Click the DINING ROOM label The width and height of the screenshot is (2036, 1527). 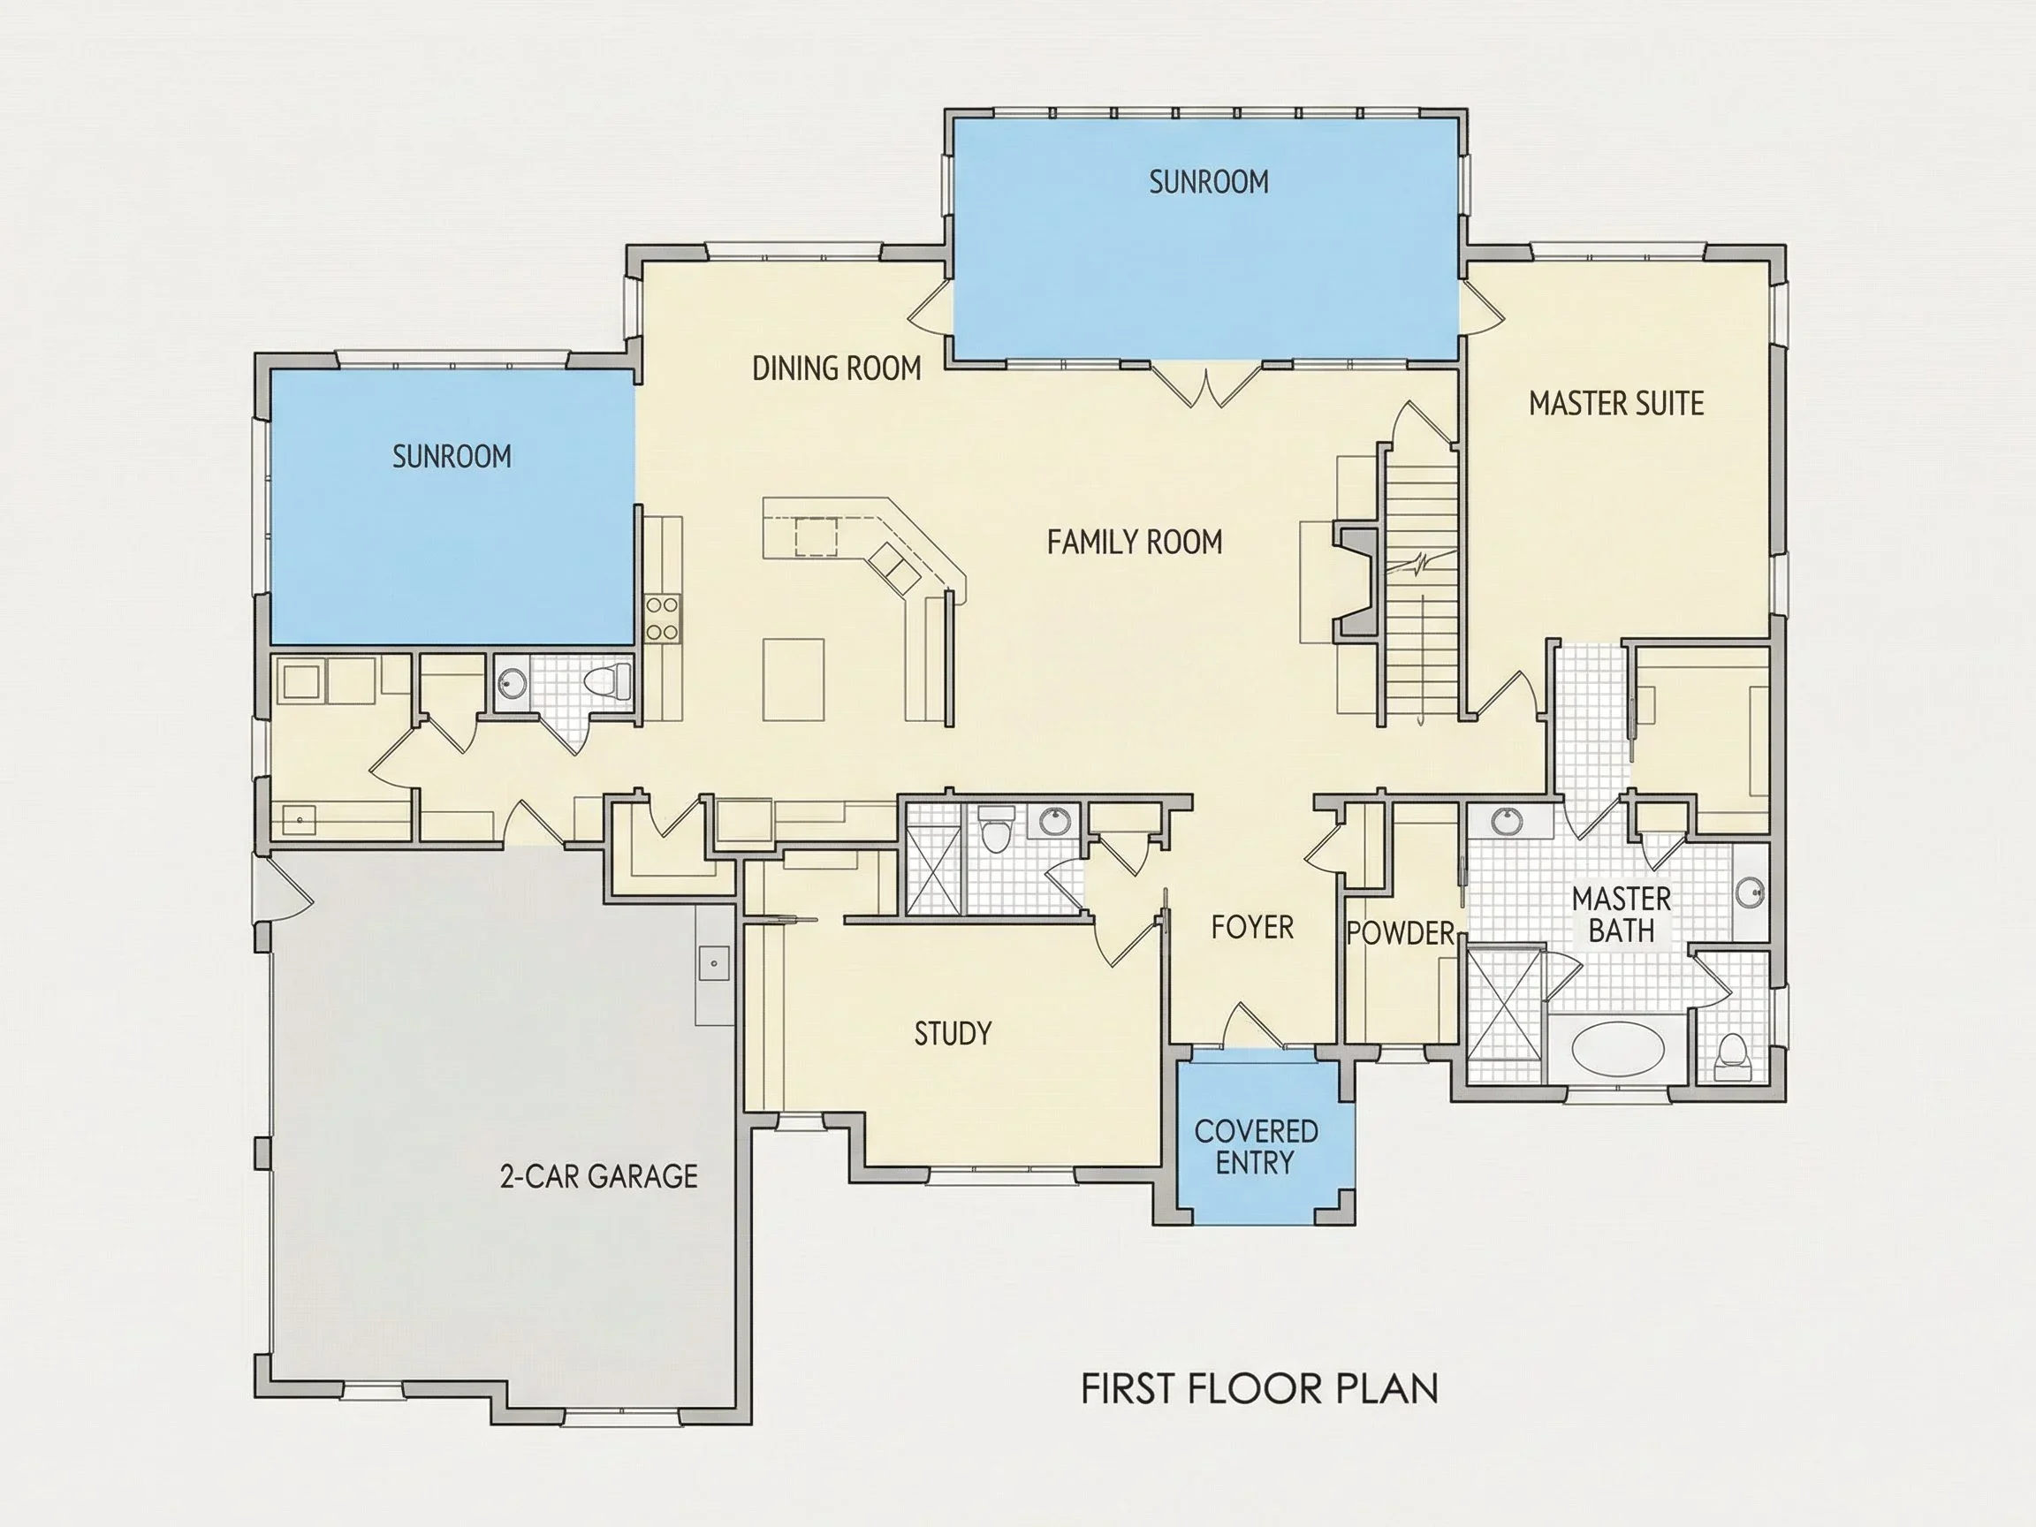pyautogui.click(x=837, y=368)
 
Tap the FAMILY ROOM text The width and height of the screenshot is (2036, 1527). pyautogui.click(x=1135, y=542)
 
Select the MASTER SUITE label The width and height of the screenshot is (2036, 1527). pyautogui.click(x=1616, y=403)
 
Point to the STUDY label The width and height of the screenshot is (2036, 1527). pyautogui.click(x=953, y=1034)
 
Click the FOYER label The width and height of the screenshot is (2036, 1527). pyautogui.click(x=1252, y=927)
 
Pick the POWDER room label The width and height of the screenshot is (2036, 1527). pyautogui.click(x=1400, y=933)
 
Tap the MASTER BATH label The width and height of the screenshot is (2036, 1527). pyautogui.click(x=1621, y=914)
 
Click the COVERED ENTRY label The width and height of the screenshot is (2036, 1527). pyautogui.click(x=1256, y=1146)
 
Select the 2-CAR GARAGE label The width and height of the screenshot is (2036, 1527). pyautogui.click(x=598, y=1176)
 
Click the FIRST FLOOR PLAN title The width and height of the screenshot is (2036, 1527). pyautogui.click(x=1259, y=1389)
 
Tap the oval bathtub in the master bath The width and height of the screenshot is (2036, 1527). pyautogui.click(x=1617, y=1047)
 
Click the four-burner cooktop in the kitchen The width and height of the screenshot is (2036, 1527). pyautogui.click(x=662, y=618)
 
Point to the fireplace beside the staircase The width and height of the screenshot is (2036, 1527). pyautogui.click(x=1355, y=581)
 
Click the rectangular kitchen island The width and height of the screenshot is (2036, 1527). pyautogui.click(x=793, y=680)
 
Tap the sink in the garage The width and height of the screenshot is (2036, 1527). pyautogui.click(x=714, y=964)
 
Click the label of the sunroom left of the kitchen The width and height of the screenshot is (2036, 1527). pyautogui.click(x=451, y=457)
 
